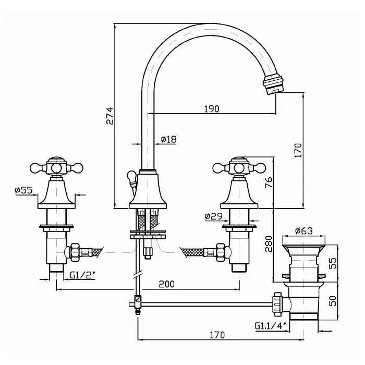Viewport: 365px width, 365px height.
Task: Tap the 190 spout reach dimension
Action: (211, 109)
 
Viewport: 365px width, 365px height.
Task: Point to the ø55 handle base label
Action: (24, 191)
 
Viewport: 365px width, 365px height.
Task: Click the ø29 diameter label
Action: (214, 215)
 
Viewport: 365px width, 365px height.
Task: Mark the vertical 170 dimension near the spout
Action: (298, 150)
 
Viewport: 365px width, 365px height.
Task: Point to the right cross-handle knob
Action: (239, 167)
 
